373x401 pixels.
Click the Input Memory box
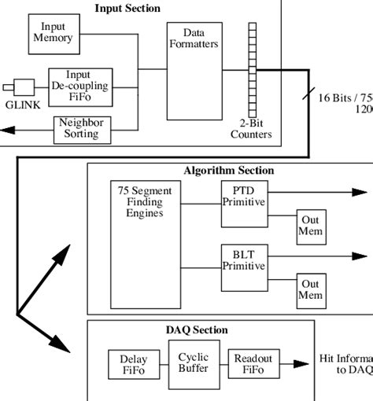tap(53, 32)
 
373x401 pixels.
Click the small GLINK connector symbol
tap(21, 86)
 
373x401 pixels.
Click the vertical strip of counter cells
tap(253, 70)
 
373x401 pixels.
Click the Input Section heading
tap(127, 9)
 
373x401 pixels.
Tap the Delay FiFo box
tap(127, 363)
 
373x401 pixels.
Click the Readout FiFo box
tap(253, 363)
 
